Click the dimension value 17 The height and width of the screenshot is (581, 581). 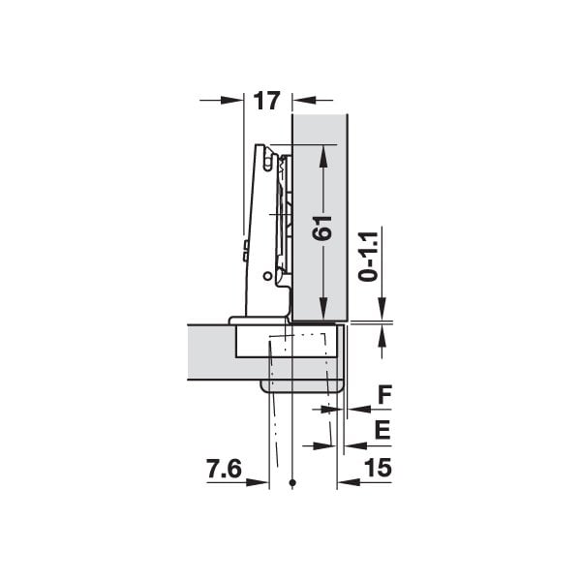tap(266, 101)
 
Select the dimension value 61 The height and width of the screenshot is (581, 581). tap(321, 228)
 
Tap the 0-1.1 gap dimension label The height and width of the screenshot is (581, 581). tap(368, 256)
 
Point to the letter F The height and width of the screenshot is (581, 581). tap(385, 395)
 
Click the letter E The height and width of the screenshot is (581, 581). tap(382, 430)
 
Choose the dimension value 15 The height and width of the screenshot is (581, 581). tap(378, 468)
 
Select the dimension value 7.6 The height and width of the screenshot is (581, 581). tap(225, 469)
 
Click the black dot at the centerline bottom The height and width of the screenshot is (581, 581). tap(292, 482)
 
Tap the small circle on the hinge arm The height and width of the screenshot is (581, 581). tap(267, 276)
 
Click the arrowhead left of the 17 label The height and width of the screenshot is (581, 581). tap(232, 100)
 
